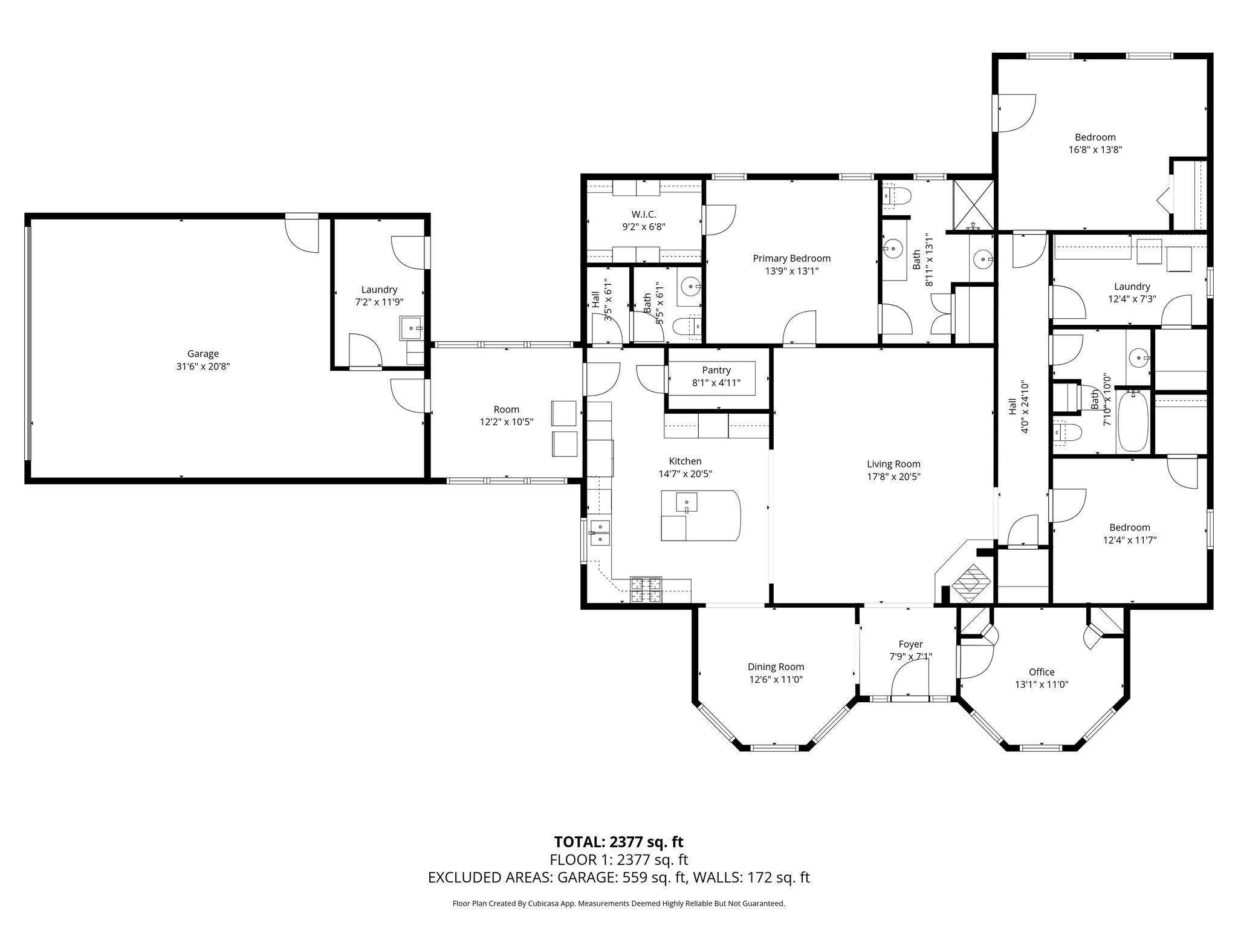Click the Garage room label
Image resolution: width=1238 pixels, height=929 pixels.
[x=203, y=354]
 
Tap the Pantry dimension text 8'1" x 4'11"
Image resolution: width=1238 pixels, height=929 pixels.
[x=716, y=382]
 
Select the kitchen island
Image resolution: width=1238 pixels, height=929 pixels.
[x=701, y=515]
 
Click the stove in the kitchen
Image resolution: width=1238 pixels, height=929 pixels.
[x=646, y=590]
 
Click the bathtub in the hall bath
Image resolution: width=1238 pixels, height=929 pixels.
[x=1133, y=420]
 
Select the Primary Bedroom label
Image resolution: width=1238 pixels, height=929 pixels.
[x=791, y=258]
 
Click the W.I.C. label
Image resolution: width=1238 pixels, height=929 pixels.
[x=644, y=214]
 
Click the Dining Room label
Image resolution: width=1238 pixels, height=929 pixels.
[x=776, y=667]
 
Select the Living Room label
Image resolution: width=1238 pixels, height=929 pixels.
[x=893, y=464]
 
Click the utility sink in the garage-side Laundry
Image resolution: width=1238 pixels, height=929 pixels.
[x=412, y=328]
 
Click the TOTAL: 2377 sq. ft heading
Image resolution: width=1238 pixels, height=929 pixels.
[x=618, y=841]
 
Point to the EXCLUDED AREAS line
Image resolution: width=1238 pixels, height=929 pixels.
[x=618, y=877]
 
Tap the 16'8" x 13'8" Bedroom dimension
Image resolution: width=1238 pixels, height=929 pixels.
[x=1095, y=149]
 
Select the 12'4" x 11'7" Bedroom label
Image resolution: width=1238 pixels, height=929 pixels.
[x=1129, y=527]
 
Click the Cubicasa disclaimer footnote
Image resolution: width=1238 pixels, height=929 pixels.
[x=618, y=903]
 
